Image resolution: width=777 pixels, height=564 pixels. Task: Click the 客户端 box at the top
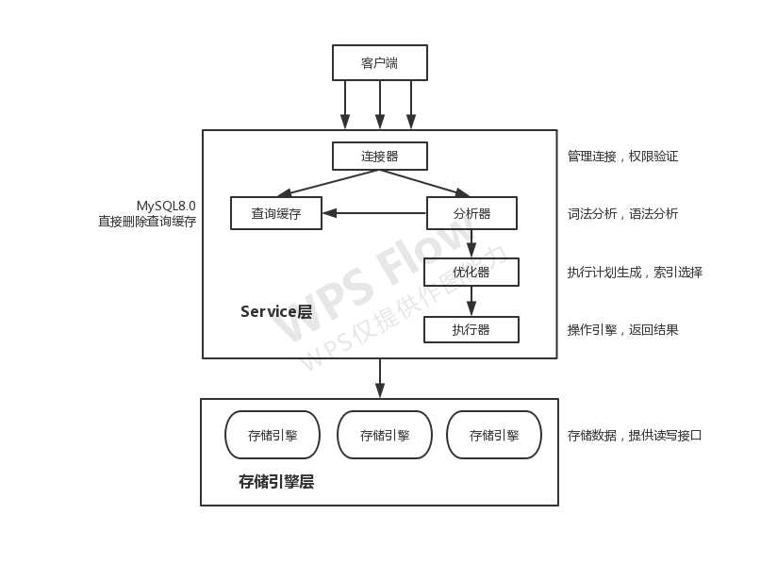[x=379, y=63]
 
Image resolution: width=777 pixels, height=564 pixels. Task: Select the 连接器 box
[x=379, y=156]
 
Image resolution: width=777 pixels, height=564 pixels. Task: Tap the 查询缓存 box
[x=275, y=213]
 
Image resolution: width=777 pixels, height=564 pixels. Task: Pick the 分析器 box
[x=471, y=213]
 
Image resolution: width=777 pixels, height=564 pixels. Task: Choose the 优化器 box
[x=471, y=273]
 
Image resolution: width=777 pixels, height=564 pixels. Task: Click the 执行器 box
[x=471, y=329]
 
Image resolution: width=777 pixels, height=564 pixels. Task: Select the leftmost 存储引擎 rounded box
[x=273, y=435]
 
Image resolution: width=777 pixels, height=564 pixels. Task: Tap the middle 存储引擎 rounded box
[x=384, y=435]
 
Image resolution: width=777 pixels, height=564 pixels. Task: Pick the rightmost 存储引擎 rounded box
[x=494, y=435]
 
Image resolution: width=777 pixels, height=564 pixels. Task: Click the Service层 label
[x=275, y=311]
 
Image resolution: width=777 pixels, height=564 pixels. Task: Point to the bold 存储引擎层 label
[x=276, y=482]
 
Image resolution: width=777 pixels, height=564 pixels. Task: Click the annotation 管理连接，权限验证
[x=622, y=156]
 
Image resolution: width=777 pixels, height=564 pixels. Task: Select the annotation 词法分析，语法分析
[x=622, y=213]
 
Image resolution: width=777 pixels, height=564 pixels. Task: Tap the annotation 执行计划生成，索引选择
[x=635, y=273]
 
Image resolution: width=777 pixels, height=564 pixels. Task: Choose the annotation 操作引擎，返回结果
[x=622, y=329]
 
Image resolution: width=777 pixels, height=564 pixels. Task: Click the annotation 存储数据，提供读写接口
[x=635, y=435]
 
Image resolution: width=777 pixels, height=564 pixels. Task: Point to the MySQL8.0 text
[x=166, y=206]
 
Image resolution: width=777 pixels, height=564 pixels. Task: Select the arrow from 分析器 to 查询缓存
[x=374, y=213]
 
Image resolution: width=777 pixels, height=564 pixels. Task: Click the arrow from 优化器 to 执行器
[x=471, y=301]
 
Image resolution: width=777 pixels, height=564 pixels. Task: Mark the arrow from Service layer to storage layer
[x=380, y=378]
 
